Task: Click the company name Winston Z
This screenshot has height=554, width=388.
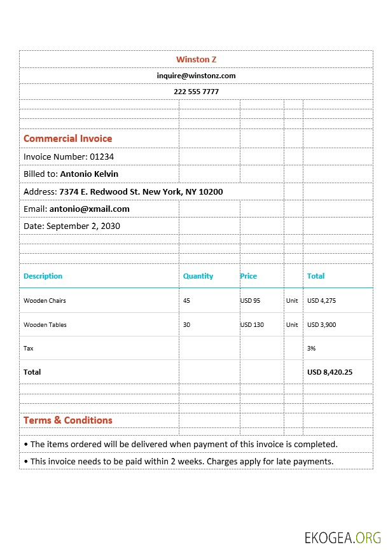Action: [196, 59]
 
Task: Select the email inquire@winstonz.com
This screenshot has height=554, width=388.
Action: [196, 76]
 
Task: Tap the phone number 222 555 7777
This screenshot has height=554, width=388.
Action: [196, 92]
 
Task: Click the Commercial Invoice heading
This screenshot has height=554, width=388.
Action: [67, 139]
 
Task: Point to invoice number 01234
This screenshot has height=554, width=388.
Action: [102, 156]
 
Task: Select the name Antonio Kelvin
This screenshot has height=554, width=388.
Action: [89, 174]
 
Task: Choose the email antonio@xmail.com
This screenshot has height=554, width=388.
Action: [90, 209]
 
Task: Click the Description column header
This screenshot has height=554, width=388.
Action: [43, 276]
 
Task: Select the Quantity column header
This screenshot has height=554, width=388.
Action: [198, 276]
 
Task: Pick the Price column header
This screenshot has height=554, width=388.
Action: [248, 276]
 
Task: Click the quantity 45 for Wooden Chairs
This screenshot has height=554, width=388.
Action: [186, 301]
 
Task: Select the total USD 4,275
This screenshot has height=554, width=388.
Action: [321, 301]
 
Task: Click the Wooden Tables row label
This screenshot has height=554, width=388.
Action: [45, 325]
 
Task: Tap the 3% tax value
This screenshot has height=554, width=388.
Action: [312, 349]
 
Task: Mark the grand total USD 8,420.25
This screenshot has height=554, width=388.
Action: [329, 372]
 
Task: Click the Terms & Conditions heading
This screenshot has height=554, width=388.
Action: [67, 420]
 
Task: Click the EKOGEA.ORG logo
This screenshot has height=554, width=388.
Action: [342, 537]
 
